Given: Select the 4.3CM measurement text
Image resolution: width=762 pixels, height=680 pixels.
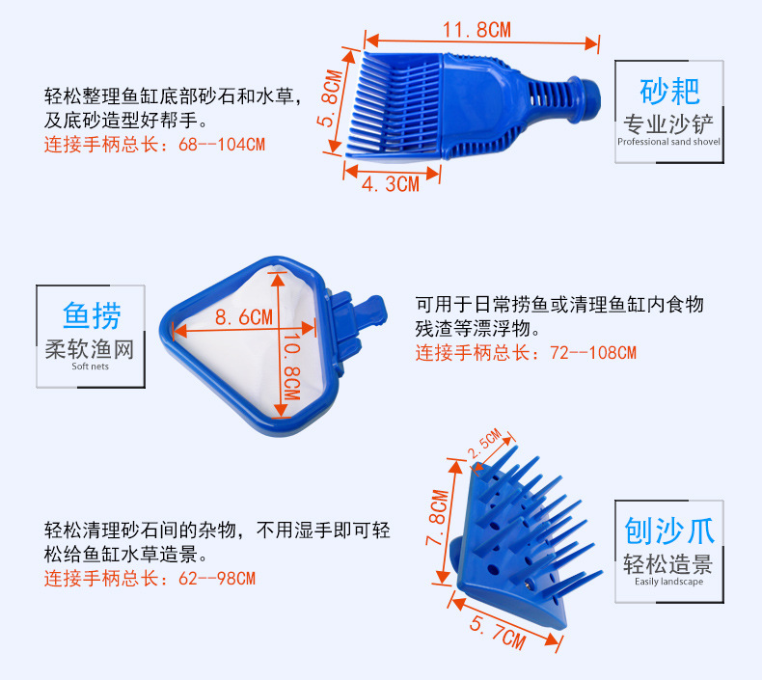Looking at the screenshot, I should pyautogui.click(x=390, y=183).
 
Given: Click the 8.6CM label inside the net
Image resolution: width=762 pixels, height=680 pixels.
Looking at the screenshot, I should pyautogui.click(x=244, y=316).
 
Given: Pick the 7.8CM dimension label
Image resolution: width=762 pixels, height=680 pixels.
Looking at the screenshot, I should pyautogui.click(x=437, y=519).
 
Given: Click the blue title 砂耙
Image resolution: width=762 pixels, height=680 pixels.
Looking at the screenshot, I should pyautogui.click(x=669, y=92).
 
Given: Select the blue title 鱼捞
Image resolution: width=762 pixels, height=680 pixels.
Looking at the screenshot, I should pyautogui.click(x=91, y=315).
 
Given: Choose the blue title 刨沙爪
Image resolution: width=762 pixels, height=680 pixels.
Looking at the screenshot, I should pyautogui.click(x=668, y=530).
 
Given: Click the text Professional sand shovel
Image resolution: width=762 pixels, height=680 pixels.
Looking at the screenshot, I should pyautogui.click(x=668, y=142).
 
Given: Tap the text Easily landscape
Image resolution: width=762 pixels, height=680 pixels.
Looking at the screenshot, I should pyautogui.click(x=668, y=582).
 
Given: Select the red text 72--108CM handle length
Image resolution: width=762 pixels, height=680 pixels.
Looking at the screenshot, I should pyautogui.click(x=526, y=353).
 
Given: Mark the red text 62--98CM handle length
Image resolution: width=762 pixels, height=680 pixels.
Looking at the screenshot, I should pyautogui.click(x=150, y=579).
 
